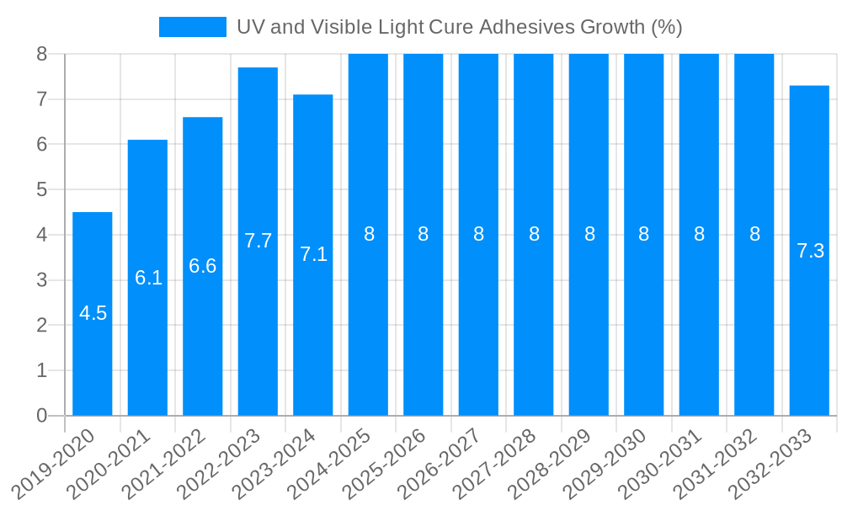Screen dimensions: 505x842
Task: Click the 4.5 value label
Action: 93,313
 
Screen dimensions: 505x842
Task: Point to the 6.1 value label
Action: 148,278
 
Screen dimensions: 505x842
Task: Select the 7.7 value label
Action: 258,241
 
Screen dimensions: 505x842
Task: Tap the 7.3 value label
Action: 810,251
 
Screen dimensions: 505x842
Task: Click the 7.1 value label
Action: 313,254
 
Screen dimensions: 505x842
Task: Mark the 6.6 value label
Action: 203,266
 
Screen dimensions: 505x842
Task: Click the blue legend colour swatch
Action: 193,27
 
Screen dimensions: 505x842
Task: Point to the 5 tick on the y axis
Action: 42,189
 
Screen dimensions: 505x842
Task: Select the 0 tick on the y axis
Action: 42,416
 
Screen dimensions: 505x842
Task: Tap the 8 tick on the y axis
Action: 42,54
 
